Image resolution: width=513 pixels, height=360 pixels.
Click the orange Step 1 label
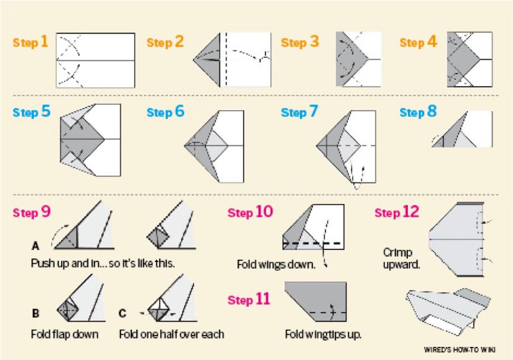[x=30, y=42]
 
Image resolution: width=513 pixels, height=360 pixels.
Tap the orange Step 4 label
[x=418, y=42]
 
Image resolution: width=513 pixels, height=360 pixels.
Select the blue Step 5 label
[x=31, y=112]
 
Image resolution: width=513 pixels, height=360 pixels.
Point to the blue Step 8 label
[x=418, y=112]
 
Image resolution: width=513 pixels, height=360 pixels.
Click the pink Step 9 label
[x=31, y=212]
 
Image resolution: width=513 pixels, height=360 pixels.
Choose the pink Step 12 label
[x=397, y=212]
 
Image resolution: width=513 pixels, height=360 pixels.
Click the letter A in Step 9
[x=36, y=245]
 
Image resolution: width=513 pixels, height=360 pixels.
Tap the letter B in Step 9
[x=36, y=313]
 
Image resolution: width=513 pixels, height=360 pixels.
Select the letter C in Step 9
[x=122, y=313]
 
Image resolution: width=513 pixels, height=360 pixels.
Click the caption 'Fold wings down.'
[x=276, y=264]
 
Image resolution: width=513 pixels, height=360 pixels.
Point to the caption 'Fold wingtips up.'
[x=323, y=334]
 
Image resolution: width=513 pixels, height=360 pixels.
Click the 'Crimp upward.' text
[x=401, y=258]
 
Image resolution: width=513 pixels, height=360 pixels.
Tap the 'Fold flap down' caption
[x=65, y=334]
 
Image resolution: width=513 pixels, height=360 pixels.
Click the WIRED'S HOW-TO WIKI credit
[x=460, y=350]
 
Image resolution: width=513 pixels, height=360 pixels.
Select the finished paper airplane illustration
[x=448, y=311]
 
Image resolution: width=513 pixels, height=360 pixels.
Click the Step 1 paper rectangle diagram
[x=96, y=60]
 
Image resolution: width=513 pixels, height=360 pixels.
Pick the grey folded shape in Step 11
[x=315, y=302]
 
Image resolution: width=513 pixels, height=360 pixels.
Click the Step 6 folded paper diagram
[x=214, y=146]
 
